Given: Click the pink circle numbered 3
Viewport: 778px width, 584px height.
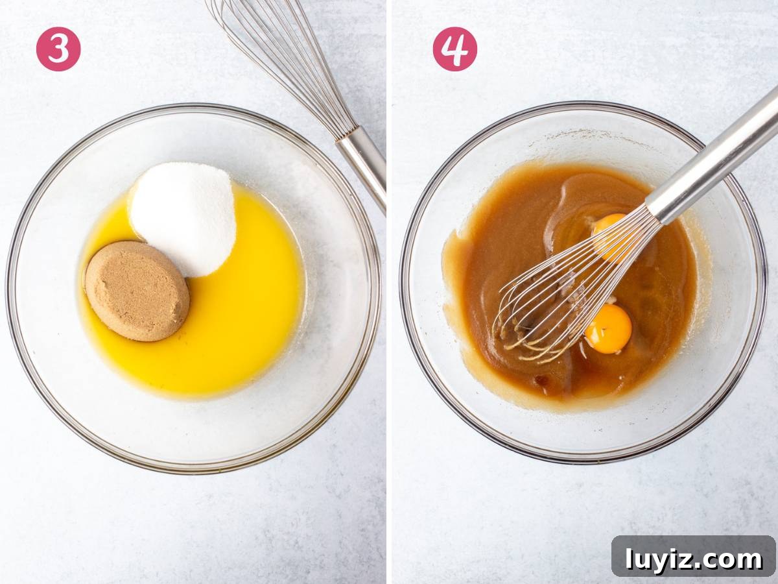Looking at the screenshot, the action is [x=58, y=49].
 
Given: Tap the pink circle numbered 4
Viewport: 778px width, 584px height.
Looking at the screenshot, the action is [x=454, y=49].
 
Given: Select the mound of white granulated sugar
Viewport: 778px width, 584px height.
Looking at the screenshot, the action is [x=183, y=218].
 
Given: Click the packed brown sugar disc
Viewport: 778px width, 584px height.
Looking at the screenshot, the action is [x=137, y=291].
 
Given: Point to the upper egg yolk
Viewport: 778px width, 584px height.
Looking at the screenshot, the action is [x=610, y=235].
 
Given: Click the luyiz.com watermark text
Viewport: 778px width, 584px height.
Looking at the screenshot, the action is [x=694, y=559].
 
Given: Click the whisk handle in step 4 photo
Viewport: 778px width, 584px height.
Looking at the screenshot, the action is [x=713, y=155].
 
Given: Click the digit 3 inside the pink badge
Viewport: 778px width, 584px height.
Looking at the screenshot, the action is [x=58, y=49].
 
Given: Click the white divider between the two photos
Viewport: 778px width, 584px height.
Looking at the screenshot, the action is [x=389, y=292].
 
